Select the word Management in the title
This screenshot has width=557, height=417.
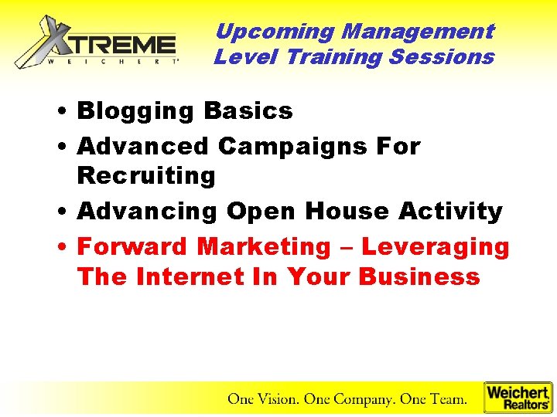pos(417,32)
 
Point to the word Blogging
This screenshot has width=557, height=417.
pos(136,112)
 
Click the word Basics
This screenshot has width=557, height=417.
pos(248,111)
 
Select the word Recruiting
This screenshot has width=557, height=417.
pos(146,176)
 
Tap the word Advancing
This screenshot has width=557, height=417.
pos(148,212)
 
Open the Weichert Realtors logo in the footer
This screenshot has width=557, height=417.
pos(518,398)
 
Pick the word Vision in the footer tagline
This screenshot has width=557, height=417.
pos(275,399)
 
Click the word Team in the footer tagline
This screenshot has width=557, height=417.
pos(447,399)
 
